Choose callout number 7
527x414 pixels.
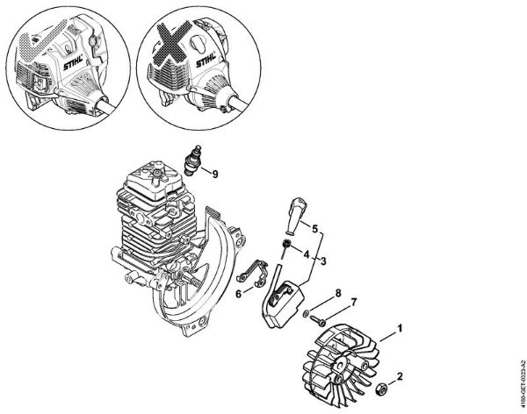355,303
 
